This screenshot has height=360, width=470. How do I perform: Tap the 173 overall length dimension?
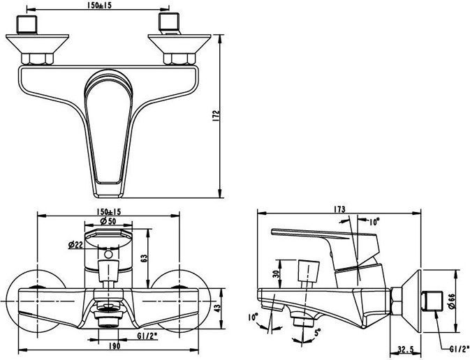(339, 209)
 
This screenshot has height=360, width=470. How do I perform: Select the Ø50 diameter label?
(108, 221)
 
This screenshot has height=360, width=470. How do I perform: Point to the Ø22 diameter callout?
(75, 245)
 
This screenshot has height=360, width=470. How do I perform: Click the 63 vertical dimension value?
(144, 258)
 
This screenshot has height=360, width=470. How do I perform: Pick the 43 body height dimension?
(218, 308)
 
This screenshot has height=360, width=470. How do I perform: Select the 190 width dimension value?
(115, 346)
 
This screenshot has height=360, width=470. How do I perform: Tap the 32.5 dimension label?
(406, 350)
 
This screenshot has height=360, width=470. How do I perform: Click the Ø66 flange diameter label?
(452, 301)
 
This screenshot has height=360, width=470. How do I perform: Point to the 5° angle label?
(316, 332)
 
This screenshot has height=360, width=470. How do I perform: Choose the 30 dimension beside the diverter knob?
(276, 273)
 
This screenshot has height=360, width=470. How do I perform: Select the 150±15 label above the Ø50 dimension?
(108, 212)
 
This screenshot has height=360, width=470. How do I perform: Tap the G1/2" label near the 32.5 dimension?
(459, 349)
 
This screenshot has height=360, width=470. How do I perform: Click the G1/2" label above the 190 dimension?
(147, 336)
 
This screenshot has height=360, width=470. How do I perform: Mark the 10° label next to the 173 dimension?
(374, 222)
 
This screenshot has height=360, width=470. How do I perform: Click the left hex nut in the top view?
(37, 59)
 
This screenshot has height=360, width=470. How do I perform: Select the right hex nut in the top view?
(179, 59)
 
